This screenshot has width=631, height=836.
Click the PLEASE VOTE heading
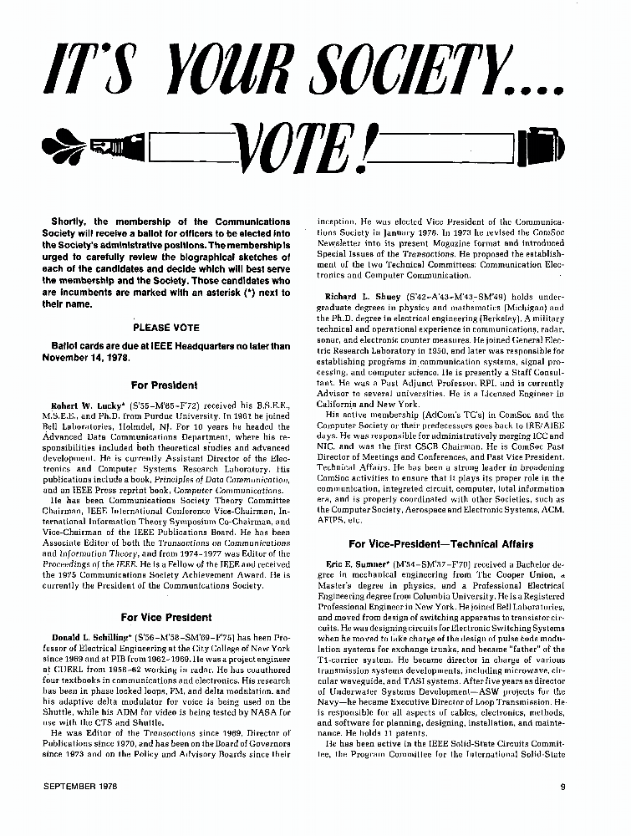pyautogui.click(x=166, y=328)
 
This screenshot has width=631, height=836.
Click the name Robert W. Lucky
pyautogui.click(x=87, y=405)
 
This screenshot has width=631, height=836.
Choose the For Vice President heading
pyautogui.click(x=166, y=617)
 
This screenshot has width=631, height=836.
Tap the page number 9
pyautogui.click(x=562, y=785)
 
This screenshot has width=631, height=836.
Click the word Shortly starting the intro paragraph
pyautogui.click(x=69, y=222)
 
